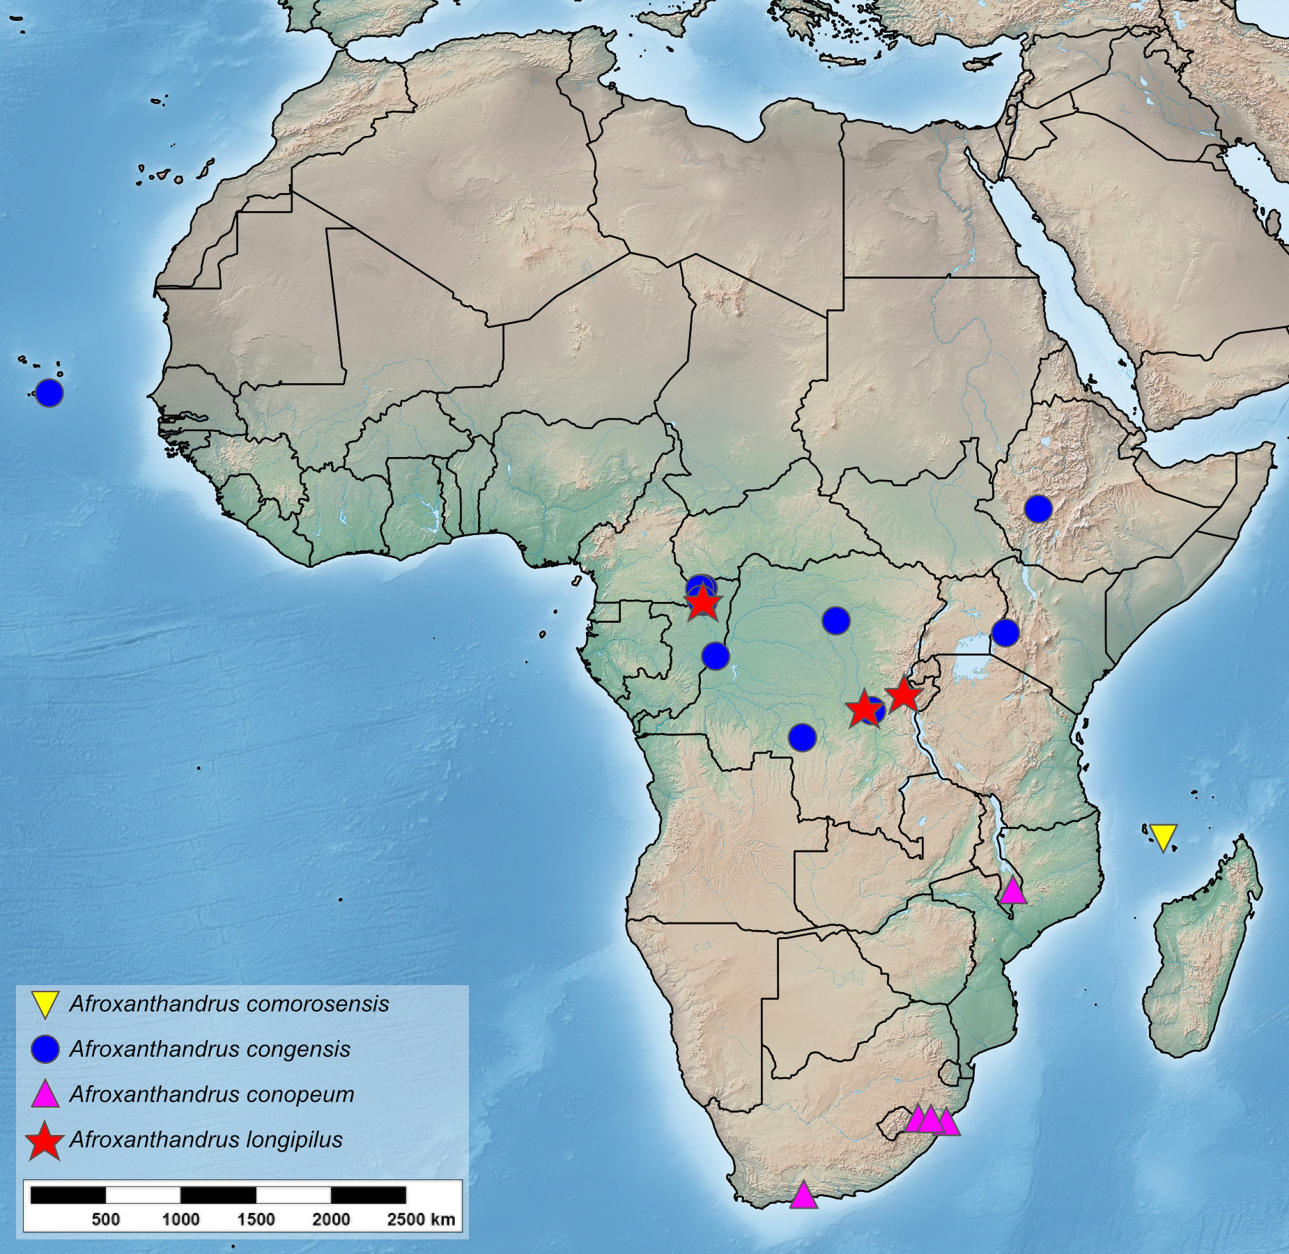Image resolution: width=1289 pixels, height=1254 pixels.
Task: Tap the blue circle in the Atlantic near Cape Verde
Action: point(49,393)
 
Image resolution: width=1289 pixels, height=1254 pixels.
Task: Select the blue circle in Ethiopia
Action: point(1037,509)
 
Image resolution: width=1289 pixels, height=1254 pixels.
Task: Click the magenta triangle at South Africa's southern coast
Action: point(803,1195)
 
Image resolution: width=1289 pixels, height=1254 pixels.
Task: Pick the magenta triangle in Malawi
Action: point(1012,891)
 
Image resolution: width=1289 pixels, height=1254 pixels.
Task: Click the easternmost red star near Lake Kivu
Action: point(902,695)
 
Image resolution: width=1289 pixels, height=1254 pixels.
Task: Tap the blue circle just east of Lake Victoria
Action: point(1005,632)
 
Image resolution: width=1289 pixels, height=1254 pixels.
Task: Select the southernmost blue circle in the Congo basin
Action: point(802,737)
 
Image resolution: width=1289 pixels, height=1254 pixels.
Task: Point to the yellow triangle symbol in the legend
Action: point(45,1005)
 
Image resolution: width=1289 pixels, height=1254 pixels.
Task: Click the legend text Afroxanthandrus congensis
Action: point(210,1049)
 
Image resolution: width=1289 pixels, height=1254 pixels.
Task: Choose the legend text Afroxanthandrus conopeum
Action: point(211,1094)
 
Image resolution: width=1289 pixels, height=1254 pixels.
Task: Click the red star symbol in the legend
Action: point(45,1140)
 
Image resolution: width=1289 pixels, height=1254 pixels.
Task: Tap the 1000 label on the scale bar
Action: point(180,1219)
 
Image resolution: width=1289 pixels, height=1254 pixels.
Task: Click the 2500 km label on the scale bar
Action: point(420,1219)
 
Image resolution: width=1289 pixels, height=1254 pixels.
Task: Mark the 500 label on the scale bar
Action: point(105,1219)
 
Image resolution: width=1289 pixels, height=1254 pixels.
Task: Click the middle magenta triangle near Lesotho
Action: point(931,1120)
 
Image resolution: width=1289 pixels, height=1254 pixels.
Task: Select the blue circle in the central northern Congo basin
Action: point(836,619)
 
